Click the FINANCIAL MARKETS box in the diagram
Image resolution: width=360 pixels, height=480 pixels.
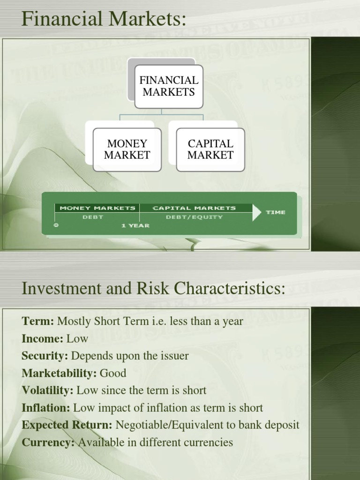[x=169, y=86]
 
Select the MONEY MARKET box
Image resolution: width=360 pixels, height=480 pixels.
[x=127, y=150]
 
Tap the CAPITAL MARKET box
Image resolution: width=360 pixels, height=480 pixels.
[x=210, y=150]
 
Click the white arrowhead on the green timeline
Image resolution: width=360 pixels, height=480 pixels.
[x=257, y=212]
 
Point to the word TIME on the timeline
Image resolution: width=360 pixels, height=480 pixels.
[x=276, y=212]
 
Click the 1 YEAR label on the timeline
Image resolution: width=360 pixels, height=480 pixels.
[x=135, y=225]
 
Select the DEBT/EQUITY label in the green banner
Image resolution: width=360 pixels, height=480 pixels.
[x=194, y=217]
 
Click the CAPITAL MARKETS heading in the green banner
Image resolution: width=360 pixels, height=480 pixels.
[x=194, y=208]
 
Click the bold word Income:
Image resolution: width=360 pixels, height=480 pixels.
[x=42, y=338]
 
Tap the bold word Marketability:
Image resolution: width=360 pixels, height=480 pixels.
[x=59, y=373]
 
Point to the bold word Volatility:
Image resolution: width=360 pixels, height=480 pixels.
[x=47, y=390]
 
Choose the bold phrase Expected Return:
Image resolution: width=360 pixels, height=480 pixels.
[x=67, y=425]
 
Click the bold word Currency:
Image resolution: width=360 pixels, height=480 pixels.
[x=48, y=442]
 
